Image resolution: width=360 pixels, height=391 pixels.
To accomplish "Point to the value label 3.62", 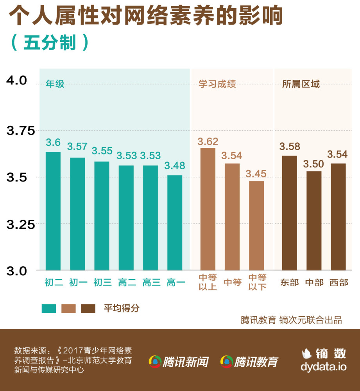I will (208, 142).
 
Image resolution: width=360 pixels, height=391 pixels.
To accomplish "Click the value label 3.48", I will (175, 166).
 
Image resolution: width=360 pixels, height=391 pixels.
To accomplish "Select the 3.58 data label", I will (290, 147).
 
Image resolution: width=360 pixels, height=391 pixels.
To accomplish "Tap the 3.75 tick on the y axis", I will (21, 131).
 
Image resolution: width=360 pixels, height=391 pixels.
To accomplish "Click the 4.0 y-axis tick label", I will (16, 81).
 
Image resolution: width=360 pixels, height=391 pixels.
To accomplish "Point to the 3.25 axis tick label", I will (21, 224).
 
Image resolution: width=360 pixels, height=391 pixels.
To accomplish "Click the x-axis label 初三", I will (103, 282).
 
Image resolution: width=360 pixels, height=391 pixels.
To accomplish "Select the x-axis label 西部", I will (339, 282).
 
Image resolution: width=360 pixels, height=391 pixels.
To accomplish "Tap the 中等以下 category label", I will (257, 282).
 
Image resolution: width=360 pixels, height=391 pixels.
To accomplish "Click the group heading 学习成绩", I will (217, 84).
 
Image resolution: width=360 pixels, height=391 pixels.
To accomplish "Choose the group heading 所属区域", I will (301, 84).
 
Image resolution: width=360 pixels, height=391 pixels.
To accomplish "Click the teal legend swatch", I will (49, 309).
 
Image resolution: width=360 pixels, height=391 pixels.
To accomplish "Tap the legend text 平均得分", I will (121, 308).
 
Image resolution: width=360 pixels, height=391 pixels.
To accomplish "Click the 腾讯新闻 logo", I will (178, 362).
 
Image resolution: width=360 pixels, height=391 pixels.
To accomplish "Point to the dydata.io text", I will (324, 367).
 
